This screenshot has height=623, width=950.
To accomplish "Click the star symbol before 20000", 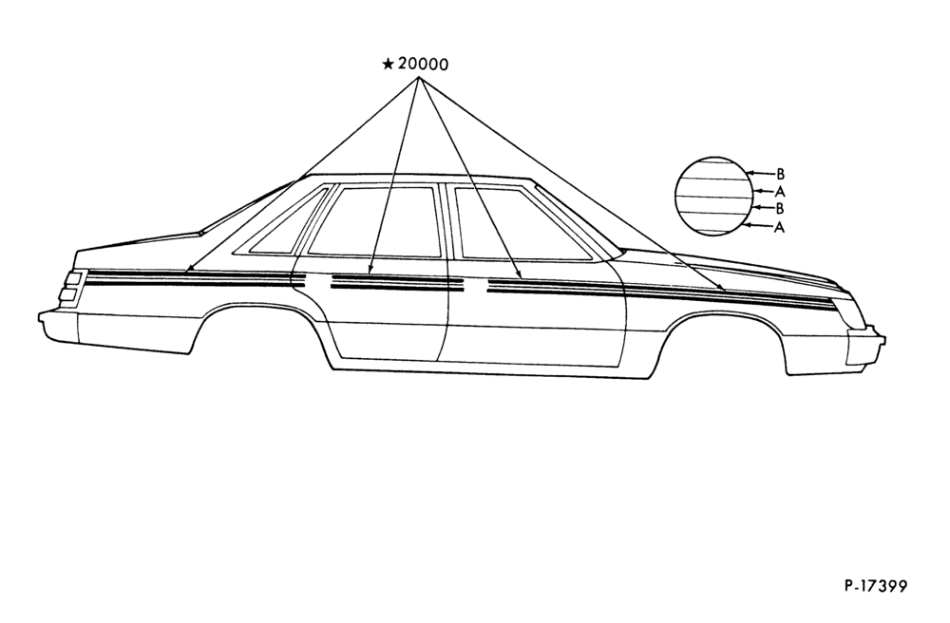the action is pyautogui.click(x=389, y=64).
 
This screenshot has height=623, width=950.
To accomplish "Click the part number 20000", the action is pyautogui.click(x=424, y=64).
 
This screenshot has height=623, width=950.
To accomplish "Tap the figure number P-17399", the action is pyautogui.click(x=876, y=586).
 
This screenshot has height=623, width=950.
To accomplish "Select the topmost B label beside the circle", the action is pyautogui.click(x=780, y=174).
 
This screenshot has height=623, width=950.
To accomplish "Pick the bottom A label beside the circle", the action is pyautogui.click(x=779, y=227).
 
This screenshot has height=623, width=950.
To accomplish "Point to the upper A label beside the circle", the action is pyautogui.click(x=780, y=191).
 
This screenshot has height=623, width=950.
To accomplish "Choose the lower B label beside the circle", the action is pyautogui.click(x=780, y=209).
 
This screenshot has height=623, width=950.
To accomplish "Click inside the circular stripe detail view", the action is pyautogui.click(x=714, y=197).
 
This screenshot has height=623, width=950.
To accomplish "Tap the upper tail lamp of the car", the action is pyautogui.click(x=74, y=278).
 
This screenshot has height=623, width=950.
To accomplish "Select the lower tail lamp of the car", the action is pyautogui.click(x=69, y=294).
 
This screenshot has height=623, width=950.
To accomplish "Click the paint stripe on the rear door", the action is pyautogui.click(x=397, y=283).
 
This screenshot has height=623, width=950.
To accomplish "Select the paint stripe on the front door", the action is pyautogui.click(x=556, y=287).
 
